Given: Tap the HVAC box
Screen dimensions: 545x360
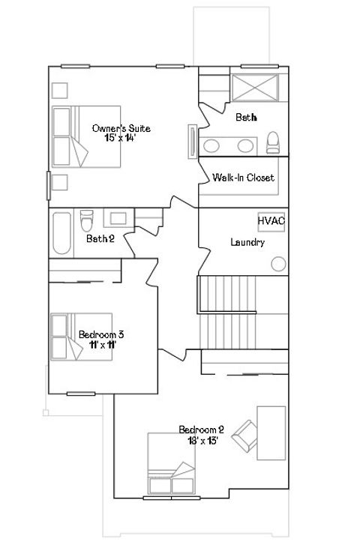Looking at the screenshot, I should point(271,221).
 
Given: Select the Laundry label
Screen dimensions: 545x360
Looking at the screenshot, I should point(247,242).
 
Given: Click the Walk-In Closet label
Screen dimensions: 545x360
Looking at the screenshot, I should point(243,178).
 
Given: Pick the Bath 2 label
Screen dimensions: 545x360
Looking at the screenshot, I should point(100,239).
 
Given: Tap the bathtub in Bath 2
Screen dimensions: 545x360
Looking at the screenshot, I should point(62,234).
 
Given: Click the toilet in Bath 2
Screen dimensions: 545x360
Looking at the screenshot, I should point(87,223).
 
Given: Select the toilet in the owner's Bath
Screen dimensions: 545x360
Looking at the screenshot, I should point(272,142).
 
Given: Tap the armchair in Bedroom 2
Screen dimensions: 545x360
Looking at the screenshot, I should point(245,433).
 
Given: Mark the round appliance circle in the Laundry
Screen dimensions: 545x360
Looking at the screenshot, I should point(278,264).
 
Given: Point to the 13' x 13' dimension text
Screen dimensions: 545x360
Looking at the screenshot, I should point(202,440).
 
